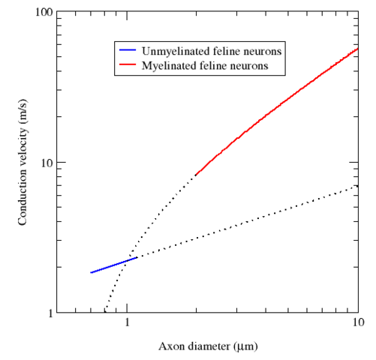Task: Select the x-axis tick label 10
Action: click(x=355, y=325)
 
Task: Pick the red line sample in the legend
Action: click(x=127, y=67)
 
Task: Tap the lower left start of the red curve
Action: click(x=196, y=174)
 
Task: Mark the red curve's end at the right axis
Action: click(x=357, y=49)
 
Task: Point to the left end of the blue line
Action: click(x=91, y=272)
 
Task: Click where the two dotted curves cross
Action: click(x=125, y=262)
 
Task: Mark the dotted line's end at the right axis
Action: click(x=357, y=185)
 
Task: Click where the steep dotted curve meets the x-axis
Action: click(x=106, y=311)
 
